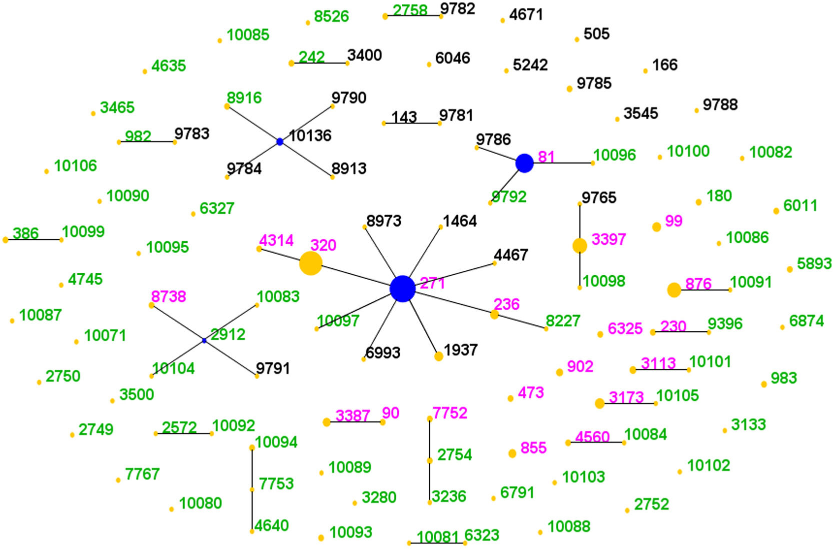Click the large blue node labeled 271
coord(403,288)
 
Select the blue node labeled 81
coord(524,163)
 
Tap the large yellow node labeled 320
coord(311,263)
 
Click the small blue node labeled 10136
coord(280,142)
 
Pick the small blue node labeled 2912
coord(204,340)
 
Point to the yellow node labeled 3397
coord(579,246)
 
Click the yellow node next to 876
coord(674,290)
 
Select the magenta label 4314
coord(276,240)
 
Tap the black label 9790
coord(349,98)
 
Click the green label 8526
coord(331,17)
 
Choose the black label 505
coord(596,34)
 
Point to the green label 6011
coord(800,205)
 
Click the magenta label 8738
coord(169,296)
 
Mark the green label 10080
coord(200,503)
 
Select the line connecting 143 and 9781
coord(412,123)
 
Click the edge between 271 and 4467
coord(450,275)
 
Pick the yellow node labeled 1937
coord(439,356)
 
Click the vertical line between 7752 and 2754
coord(429,439)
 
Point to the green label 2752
coord(651,504)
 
